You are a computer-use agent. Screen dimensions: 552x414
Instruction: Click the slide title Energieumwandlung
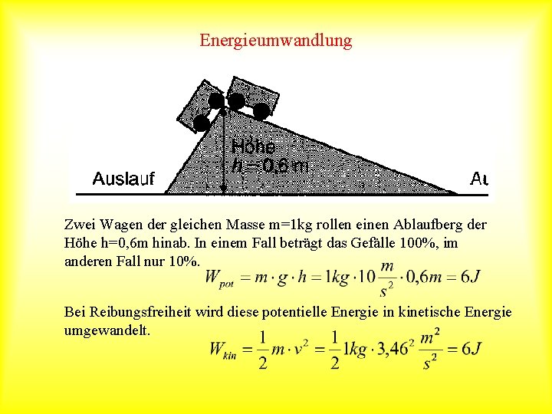276,40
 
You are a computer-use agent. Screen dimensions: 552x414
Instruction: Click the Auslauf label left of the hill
123,179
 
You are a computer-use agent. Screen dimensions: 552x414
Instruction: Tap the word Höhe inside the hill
252,146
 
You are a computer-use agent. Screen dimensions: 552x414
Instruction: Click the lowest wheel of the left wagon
202,123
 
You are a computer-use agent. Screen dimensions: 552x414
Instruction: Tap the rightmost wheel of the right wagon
261,111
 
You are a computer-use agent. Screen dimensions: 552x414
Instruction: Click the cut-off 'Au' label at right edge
479,179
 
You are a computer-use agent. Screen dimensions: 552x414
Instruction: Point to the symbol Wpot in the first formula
219,278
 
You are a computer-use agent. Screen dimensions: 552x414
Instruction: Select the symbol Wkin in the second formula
223,349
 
